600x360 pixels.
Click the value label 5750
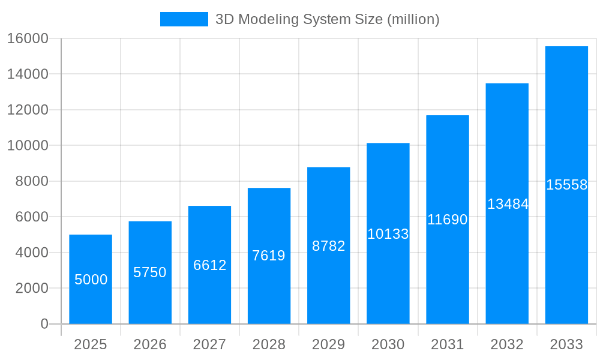[x=150, y=272]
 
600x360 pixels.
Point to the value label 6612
[x=209, y=265]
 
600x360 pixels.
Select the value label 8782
[x=329, y=246]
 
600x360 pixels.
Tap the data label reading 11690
[x=447, y=220]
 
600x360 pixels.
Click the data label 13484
[x=508, y=204]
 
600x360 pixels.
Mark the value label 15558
[x=566, y=185]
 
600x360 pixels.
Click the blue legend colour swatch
[x=184, y=19]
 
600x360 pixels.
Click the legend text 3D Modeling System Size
[x=328, y=19]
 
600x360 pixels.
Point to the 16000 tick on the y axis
[x=27, y=38]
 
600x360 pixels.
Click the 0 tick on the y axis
[x=44, y=324]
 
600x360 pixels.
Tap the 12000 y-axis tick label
[x=27, y=110]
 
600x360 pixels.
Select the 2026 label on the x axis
[x=150, y=344]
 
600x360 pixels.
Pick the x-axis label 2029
[x=329, y=344]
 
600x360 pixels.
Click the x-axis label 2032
[x=507, y=344]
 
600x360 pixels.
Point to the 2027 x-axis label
[x=209, y=344]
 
